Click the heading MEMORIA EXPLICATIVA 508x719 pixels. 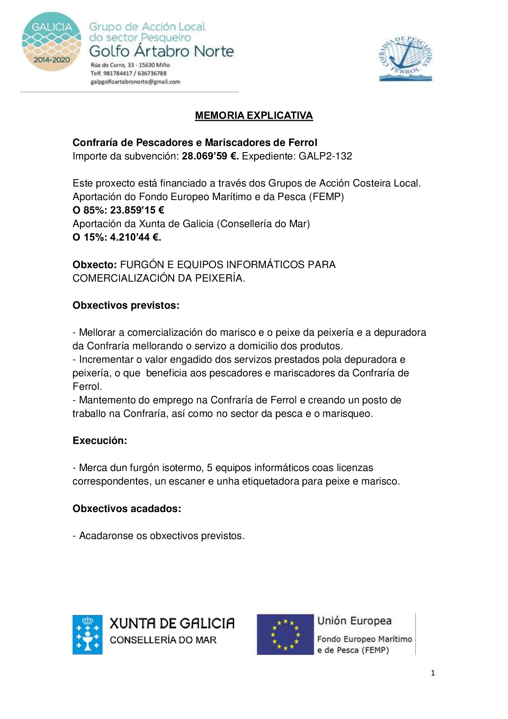tap(254, 116)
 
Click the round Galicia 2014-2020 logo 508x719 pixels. tap(52, 41)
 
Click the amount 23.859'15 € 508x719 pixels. tap(137, 210)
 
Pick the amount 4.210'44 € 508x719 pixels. tap(135, 237)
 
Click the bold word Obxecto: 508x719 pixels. tap(95, 265)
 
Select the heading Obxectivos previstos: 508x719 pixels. tap(126, 305)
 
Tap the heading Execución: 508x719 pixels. tap(100, 441)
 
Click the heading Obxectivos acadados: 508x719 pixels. tap(127, 509)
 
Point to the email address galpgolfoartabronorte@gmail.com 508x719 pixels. tap(135, 82)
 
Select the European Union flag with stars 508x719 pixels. tap(285, 634)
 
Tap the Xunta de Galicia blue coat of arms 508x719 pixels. tap(87, 634)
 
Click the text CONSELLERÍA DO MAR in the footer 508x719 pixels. tap(163, 640)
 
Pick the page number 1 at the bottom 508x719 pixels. tap(433, 673)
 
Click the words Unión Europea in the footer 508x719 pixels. tap(354, 621)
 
